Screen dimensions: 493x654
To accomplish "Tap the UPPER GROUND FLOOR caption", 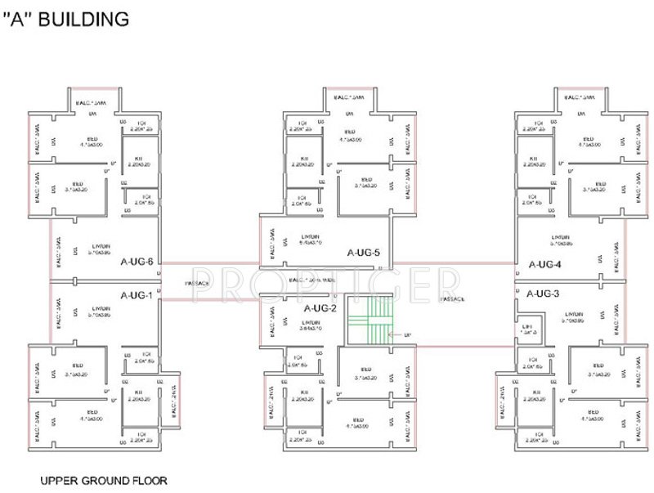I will coord(104,481).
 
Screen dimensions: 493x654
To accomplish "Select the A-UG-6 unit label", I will coord(136,262).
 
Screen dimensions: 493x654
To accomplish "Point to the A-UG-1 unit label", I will coord(136,295).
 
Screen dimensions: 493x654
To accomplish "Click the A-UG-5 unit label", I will coord(363,253).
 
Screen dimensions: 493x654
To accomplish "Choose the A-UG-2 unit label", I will coord(320,308).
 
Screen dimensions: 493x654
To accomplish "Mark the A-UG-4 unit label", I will coord(544,264).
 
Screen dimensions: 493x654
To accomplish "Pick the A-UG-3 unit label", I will coord(543,293).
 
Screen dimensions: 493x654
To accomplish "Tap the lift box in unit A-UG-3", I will coord(528,329).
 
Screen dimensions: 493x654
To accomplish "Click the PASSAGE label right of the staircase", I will coord(454,300).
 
